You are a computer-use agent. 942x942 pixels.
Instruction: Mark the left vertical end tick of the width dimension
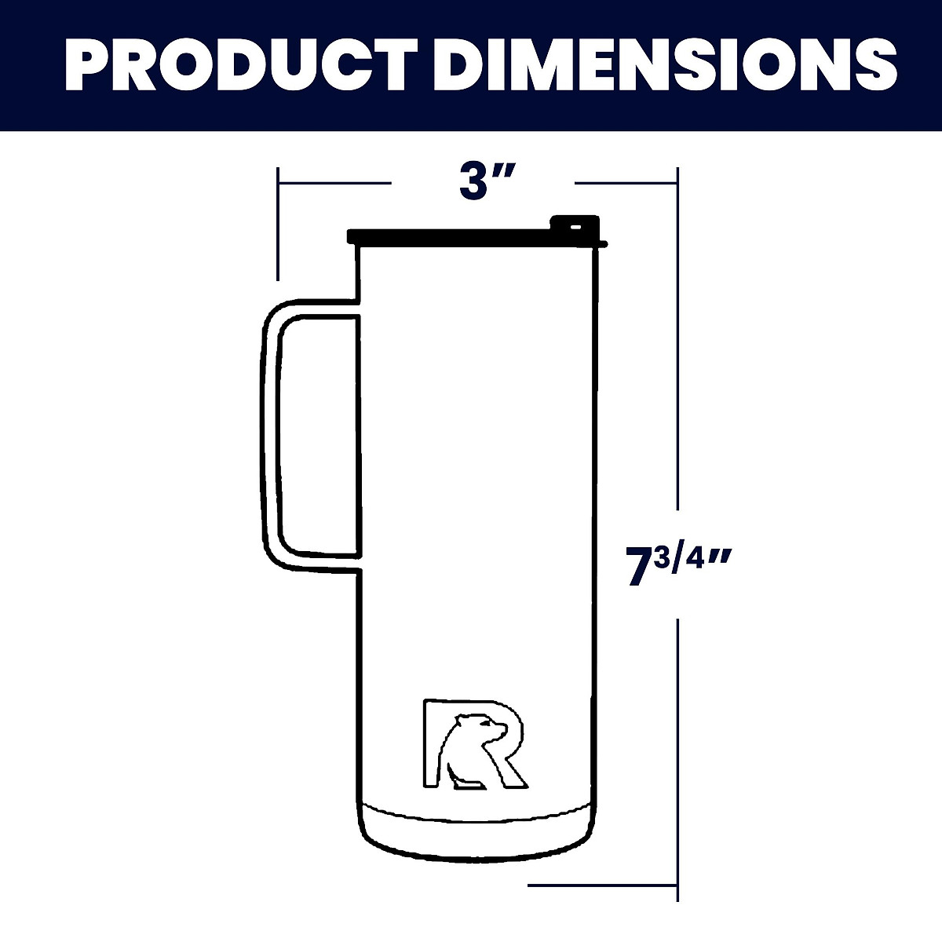(x=277, y=224)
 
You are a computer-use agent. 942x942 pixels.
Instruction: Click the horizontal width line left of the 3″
(x=334, y=183)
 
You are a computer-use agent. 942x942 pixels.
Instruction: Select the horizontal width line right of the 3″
(x=626, y=183)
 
